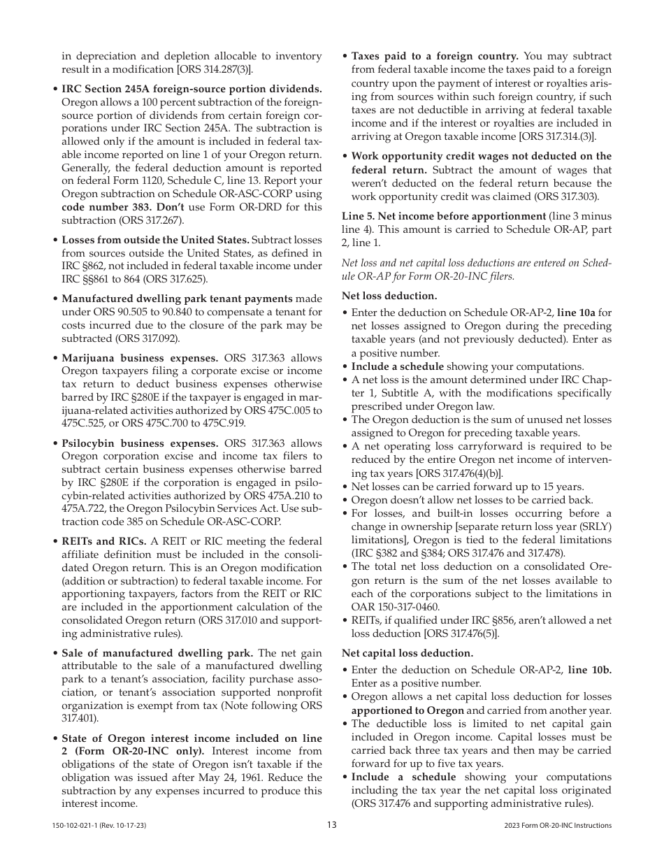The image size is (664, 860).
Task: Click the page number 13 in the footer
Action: click(x=331, y=825)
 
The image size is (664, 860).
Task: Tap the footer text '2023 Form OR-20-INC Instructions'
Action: click(x=557, y=826)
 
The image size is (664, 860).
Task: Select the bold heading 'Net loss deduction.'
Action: click(x=389, y=296)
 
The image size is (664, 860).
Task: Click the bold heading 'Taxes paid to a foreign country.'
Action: click(x=434, y=56)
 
